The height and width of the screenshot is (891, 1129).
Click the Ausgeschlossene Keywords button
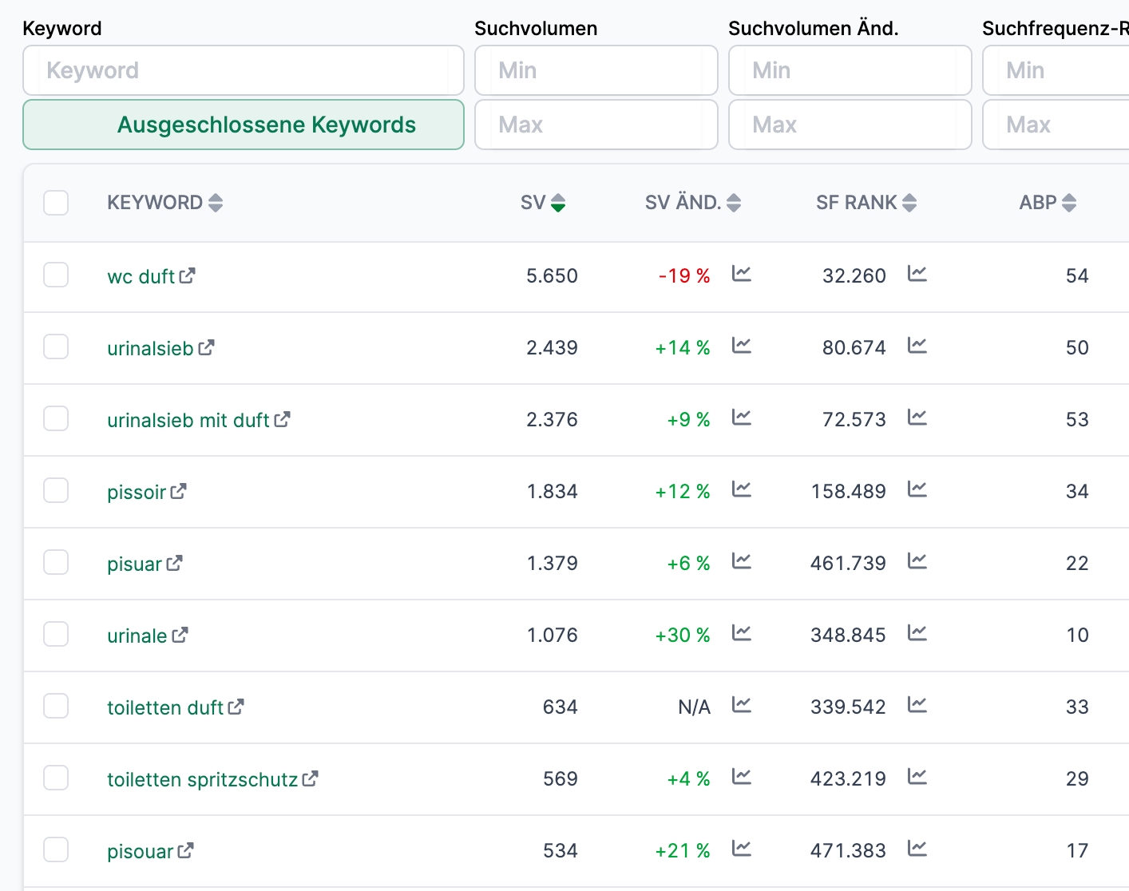(x=244, y=125)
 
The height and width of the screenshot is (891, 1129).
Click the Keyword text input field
(x=244, y=70)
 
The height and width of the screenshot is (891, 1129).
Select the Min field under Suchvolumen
(x=596, y=70)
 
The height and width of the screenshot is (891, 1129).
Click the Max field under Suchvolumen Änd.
(x=850, y=125)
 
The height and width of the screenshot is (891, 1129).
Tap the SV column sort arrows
(x=558, y=203)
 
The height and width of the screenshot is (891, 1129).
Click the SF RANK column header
(x=856, y=203)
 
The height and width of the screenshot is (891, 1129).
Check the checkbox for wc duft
(x=56, y=275)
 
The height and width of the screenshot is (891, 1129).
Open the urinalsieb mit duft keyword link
(x=188, y=420)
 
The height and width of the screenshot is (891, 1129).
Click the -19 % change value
(x=684, y=276)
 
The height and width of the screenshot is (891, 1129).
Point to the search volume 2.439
(x=552, y=348)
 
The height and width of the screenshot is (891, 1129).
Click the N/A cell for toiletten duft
(x=694, y=707)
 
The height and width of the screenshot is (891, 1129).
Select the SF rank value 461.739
(x=848, y=564)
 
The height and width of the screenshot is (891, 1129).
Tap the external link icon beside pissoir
(x=179, y=491)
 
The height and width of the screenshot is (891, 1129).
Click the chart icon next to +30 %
(x=742, y=634)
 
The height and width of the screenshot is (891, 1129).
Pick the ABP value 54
(x=1077, y=276)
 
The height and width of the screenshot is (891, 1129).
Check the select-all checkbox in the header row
(x=56, y=203)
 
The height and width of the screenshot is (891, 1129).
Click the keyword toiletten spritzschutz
(x=202, y=779)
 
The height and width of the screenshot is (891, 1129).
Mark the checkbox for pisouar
(x=56, y=850)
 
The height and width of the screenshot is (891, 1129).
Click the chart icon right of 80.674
(x=917, y=346)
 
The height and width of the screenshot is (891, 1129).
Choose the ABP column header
(x=1038, y=203)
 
